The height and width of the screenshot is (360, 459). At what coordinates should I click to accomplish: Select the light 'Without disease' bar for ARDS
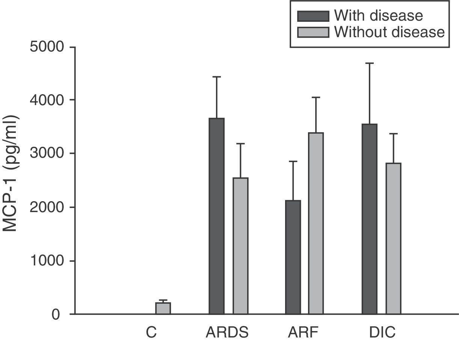(240, 246)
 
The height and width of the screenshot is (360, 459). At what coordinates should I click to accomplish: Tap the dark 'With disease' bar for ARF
(293, 257)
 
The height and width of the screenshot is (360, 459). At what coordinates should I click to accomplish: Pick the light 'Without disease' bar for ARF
(316, 223)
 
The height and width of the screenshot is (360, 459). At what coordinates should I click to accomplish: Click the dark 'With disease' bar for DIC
(370, 219)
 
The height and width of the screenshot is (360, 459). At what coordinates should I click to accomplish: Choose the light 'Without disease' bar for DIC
(393, 238)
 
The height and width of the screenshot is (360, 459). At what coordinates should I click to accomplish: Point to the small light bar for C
(163, 308)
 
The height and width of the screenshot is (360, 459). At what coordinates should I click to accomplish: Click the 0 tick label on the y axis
(56, 315)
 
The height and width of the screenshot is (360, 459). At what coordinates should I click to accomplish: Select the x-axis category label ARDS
(227, 333)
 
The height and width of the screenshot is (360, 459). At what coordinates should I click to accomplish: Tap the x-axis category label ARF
(303, 333)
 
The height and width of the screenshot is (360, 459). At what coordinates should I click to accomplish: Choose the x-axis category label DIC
(382, 333)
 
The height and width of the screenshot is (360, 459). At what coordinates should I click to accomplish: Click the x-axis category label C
(151, 333)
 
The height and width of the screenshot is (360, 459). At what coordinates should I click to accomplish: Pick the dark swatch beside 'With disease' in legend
(313, 16)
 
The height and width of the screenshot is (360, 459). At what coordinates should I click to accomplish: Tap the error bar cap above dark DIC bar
(370, 63)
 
